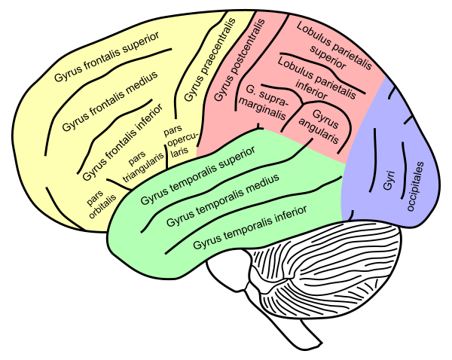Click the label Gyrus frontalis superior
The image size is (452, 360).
pos(107,56)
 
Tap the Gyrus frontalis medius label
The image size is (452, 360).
pos(110,101)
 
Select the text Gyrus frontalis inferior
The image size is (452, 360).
pos(123,142)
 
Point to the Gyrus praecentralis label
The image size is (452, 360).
pos(210,59)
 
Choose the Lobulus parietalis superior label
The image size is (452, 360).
pos(334,46)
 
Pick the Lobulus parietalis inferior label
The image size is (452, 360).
pos(316,78)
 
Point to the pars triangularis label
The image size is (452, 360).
pos(142,166)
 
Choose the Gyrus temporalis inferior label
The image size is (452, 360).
pos(249,227)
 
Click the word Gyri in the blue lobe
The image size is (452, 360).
pos(389,180)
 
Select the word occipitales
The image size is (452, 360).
pos(415,186)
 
